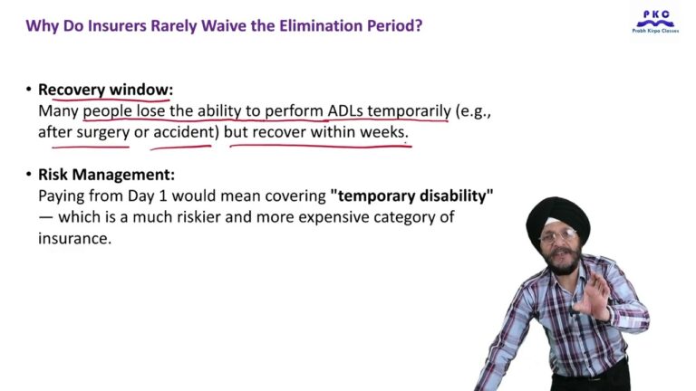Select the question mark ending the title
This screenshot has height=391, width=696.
(418, 25)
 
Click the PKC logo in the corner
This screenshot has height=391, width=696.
(655, 21)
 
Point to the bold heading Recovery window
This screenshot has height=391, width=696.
(105, 90)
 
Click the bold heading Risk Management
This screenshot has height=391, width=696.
(107, 175)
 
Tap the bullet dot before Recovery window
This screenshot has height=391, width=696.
(29, 90)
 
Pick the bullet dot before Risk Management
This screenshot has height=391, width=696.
(29, 175)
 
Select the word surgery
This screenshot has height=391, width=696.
(103, 132)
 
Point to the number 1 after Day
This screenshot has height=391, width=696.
(162, 195)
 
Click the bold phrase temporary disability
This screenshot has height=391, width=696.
(412, 195)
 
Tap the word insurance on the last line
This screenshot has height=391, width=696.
(74, 239)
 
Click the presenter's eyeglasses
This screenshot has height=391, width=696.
(558, 236)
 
